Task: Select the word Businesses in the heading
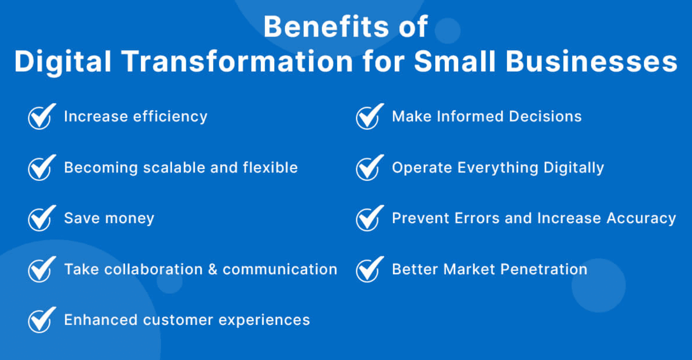tap(591, 61)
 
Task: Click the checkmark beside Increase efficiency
tap(41, 117)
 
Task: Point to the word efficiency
tap(170, 117)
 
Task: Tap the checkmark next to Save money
tap(41, 219)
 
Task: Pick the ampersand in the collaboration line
tap(213, 269)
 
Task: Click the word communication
tap(280, 269)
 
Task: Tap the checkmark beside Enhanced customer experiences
tap(41, 320)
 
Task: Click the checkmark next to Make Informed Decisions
tap(369, 117)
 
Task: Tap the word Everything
tap(497, 168)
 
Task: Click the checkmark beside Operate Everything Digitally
tap(369, 168)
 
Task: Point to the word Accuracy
tap(641, 218)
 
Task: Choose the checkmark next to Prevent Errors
tap(369, 219)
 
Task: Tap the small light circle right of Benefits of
tap(447, 30)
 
